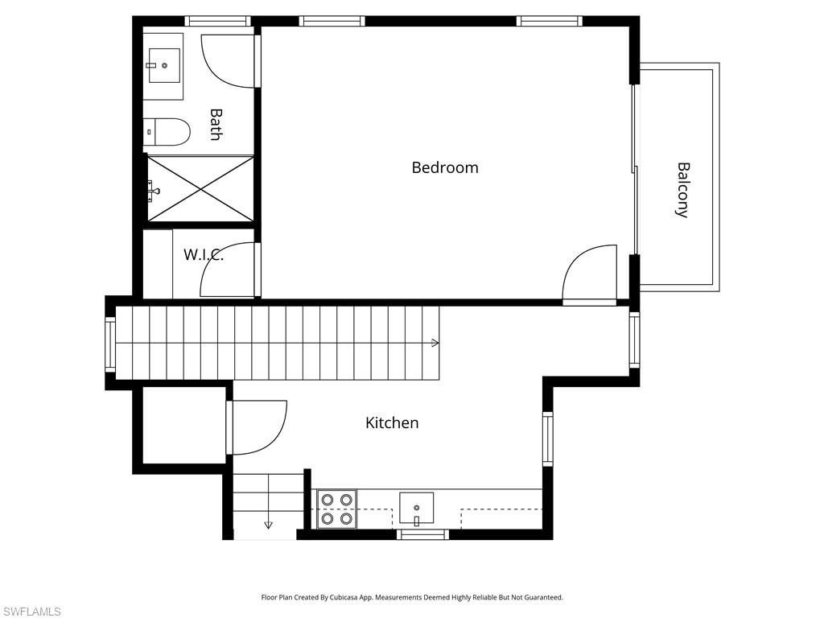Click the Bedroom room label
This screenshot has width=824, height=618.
tap(445, 167)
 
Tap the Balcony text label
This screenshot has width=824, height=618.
tap(682, 190)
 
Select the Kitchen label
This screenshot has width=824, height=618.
tap(392, 422)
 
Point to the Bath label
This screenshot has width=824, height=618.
tap(215, 125)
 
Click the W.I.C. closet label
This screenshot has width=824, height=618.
tap(203, 255)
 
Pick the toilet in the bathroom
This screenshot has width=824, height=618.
tap(167, 132)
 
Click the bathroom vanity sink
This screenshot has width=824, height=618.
tap(163, 66)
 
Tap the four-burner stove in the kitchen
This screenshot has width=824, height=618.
tap(337, 509)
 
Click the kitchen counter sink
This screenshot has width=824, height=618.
tap(416, 508)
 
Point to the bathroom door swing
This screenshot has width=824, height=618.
tap(229, 61)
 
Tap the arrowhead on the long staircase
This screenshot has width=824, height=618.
tap(435, 343)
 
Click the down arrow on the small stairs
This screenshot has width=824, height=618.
tap(268, 525)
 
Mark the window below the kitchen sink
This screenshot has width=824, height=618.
tap(423, 534)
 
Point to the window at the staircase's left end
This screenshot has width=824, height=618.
tap(110, 343)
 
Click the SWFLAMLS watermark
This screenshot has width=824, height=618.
tap(31, 612)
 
